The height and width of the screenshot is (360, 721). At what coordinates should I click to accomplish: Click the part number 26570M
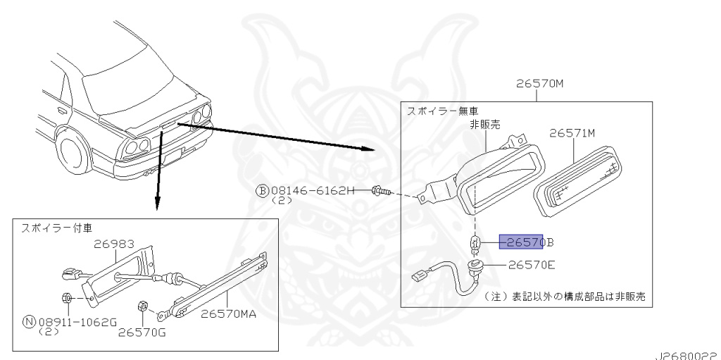point(539,84)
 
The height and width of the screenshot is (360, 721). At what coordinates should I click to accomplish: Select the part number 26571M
point(572,134)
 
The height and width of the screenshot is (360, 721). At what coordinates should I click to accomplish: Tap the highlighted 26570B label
point(527,242)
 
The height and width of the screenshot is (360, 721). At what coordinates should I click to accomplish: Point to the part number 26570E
point(532,265)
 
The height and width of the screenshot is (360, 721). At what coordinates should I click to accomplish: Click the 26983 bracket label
point(114,244)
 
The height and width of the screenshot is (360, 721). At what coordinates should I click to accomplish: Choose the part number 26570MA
point(229,314)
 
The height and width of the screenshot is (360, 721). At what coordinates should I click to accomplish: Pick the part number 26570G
point(142,331)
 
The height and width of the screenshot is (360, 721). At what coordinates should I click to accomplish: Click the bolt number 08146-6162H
point(313,190)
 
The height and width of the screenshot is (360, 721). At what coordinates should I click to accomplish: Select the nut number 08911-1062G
point(77,322)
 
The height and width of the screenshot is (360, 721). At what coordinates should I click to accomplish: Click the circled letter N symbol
point(30,322)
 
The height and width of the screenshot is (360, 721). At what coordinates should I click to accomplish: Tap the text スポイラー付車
point(56,228)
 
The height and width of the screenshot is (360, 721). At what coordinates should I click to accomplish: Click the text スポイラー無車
point(442,111)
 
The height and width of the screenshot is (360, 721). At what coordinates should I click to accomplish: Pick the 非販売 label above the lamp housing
point(484,124)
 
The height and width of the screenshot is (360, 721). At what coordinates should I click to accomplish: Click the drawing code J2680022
point(688,356)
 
